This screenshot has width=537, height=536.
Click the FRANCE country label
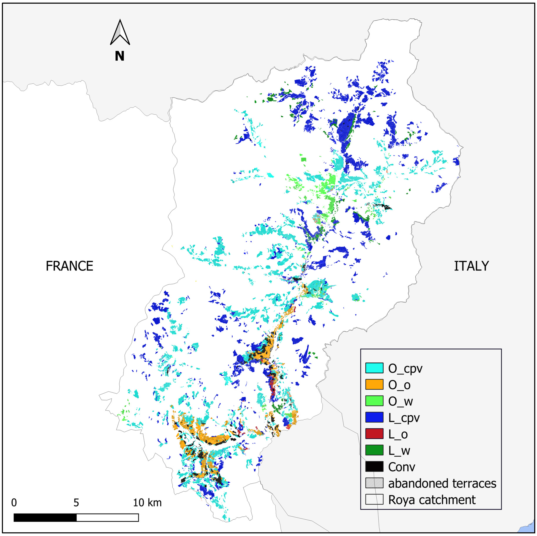click(x=70, y=266)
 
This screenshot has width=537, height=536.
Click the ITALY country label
click(x=471, y=266)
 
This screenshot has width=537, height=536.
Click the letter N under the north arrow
click(x=120, y=56)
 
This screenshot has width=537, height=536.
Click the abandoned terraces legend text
click(x=442, y=483)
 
